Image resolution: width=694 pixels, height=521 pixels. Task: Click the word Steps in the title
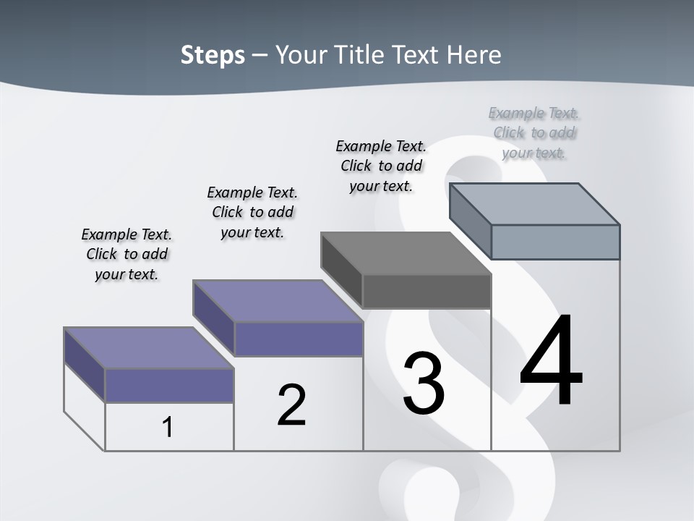pyautogui.click(x=213, y=55)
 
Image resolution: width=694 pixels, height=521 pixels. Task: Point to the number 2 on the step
pyautogui.click(x=292, y=405)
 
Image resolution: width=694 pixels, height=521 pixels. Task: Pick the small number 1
pyautogui.click(x=168, y=427)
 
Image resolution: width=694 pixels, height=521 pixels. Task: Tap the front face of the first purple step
pyautogui.click(x=169, y=385)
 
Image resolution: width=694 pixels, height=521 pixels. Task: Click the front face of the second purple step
pyautogui.click(x=299, y=339)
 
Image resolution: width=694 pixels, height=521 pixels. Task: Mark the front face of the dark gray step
pyautogui.click(x=427, y=291)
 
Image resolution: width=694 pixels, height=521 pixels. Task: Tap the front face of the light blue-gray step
pyautogui.click(x=555, y=242)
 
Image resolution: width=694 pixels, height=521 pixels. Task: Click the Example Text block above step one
pyautogui.click(x=127, y=254)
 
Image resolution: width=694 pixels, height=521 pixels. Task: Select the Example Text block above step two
pyautogui.click(x=252, y=212)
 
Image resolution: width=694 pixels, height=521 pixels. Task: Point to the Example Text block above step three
pyautogui.click(x=381, y=166)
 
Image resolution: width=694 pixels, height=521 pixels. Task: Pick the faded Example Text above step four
pyautogui.click(x=534, y=132)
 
